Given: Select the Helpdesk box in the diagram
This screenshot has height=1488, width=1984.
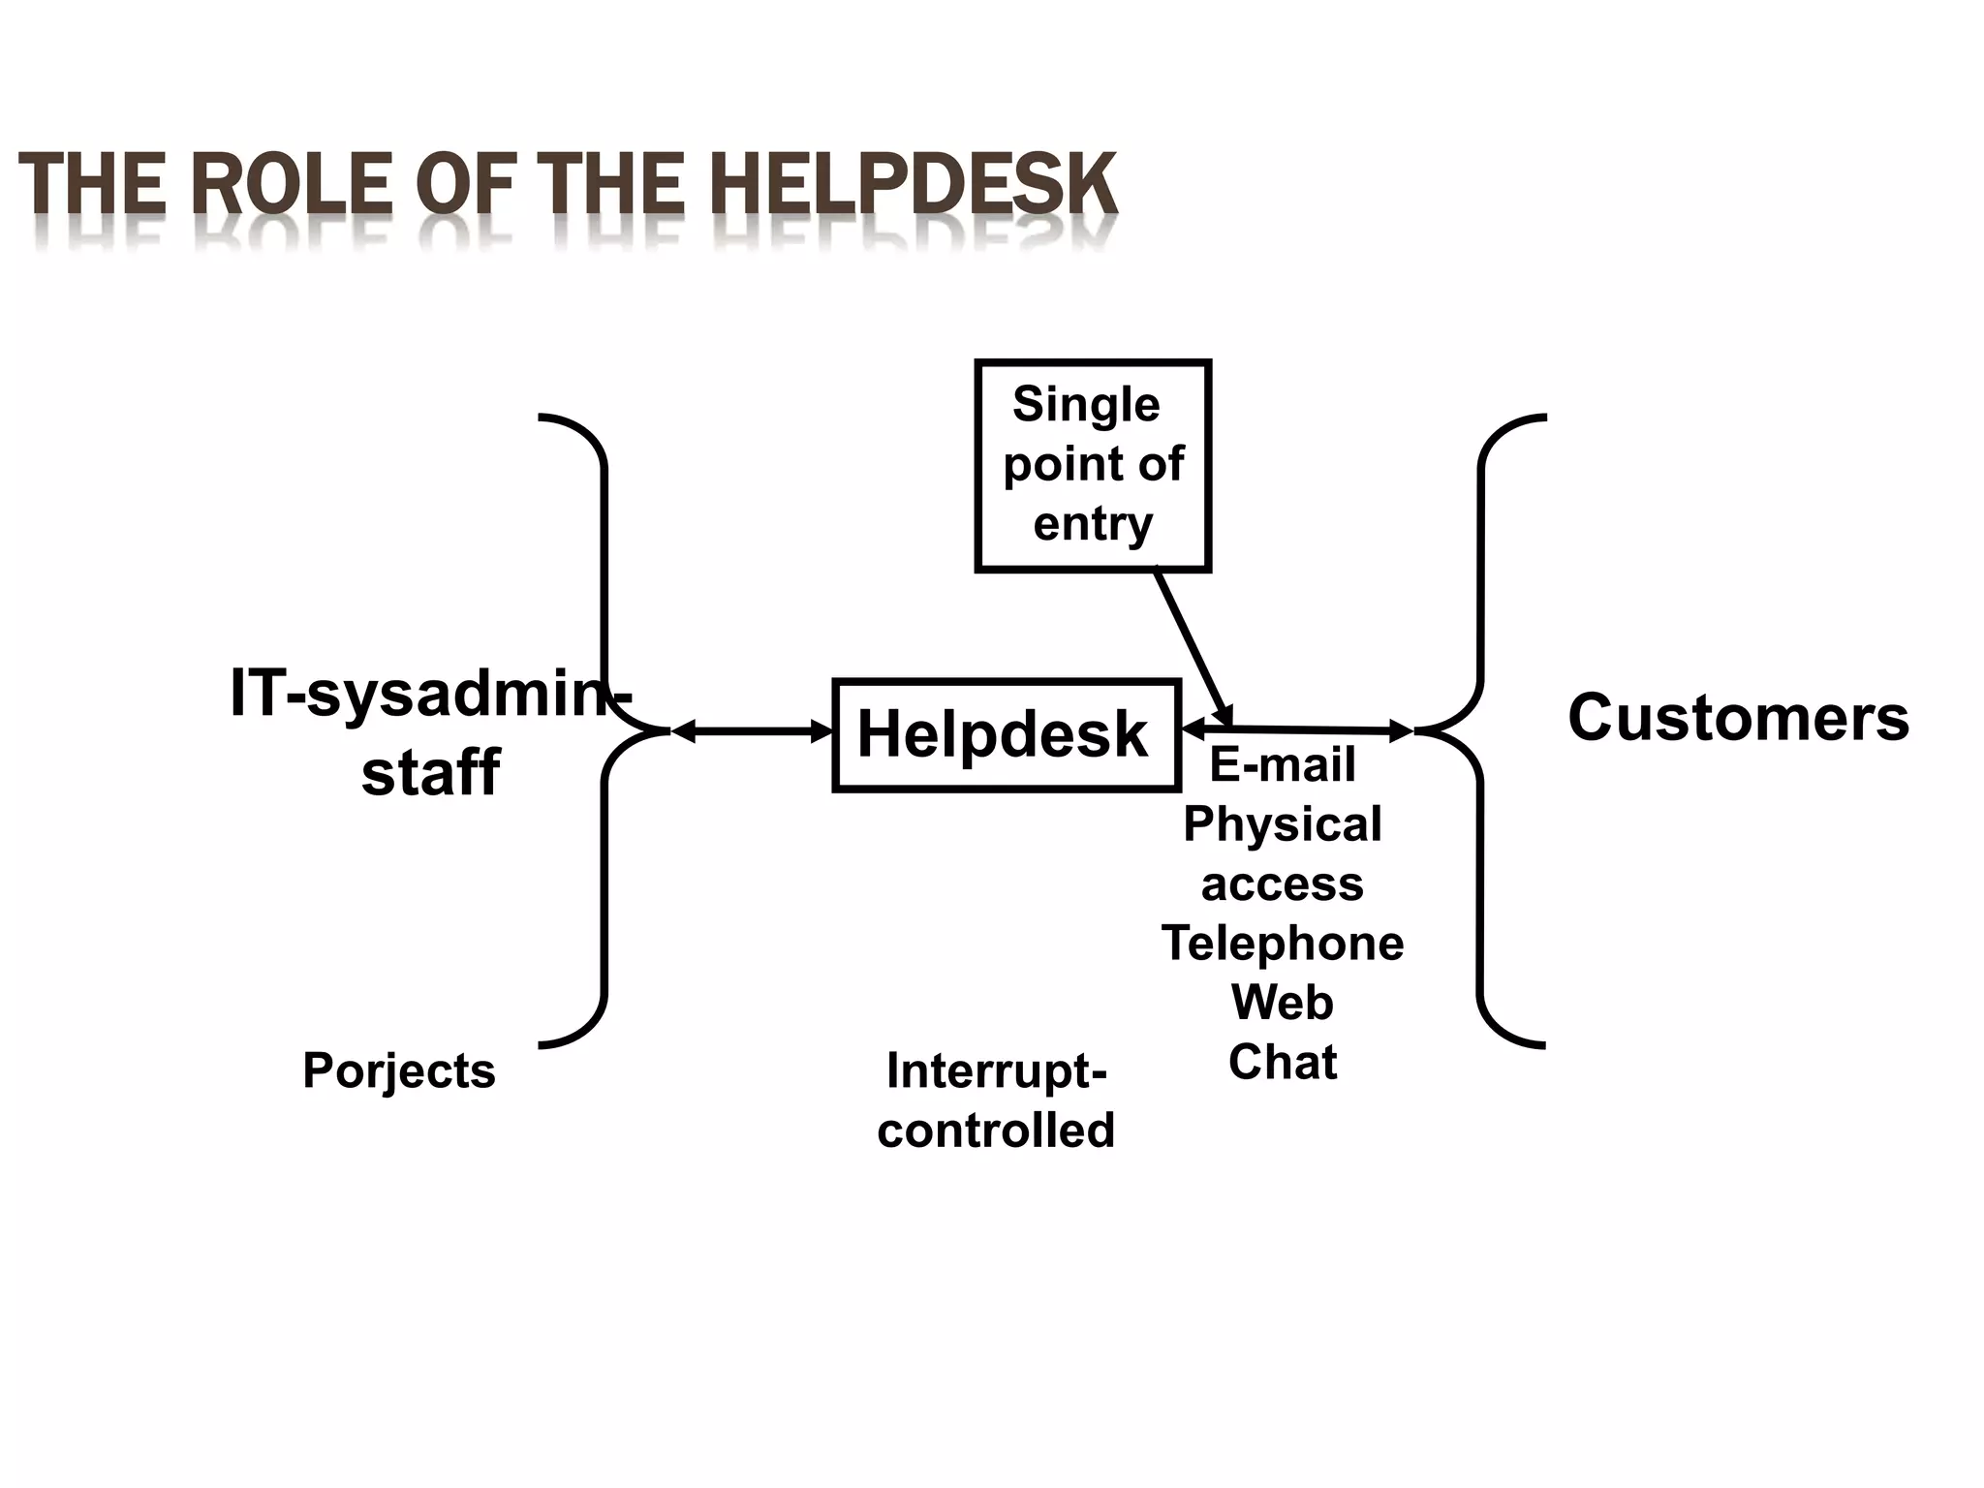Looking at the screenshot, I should point(1006,734).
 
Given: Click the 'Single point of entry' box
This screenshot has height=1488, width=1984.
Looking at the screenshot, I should point(1093,465).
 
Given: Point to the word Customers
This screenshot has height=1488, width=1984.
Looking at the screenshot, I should point(1738,718).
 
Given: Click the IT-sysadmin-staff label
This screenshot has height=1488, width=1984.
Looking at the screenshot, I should point(430,732).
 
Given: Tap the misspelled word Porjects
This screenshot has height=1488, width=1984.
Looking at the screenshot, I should point(398,1070).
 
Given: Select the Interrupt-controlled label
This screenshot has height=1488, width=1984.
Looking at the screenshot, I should point(996,1100).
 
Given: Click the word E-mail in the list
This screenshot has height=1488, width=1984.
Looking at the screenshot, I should point(1282,764).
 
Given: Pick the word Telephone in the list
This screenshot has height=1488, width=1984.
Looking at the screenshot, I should point(1282,943).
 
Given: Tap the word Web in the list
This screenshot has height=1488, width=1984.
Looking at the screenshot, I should point(1282,1002).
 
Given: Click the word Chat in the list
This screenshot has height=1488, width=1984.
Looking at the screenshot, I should point(1282,1062).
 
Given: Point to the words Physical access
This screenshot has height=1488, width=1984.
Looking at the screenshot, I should point(1282,853).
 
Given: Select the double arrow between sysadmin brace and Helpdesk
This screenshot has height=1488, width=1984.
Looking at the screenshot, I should point(752,732).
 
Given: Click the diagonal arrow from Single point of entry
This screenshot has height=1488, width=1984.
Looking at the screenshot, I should point(1192,646).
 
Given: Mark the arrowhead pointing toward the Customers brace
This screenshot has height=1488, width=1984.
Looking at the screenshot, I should point(1402,731).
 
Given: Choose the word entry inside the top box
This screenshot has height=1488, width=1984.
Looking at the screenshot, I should point(1093,524).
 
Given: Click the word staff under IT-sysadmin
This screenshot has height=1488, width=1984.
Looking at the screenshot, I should point(430,772).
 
